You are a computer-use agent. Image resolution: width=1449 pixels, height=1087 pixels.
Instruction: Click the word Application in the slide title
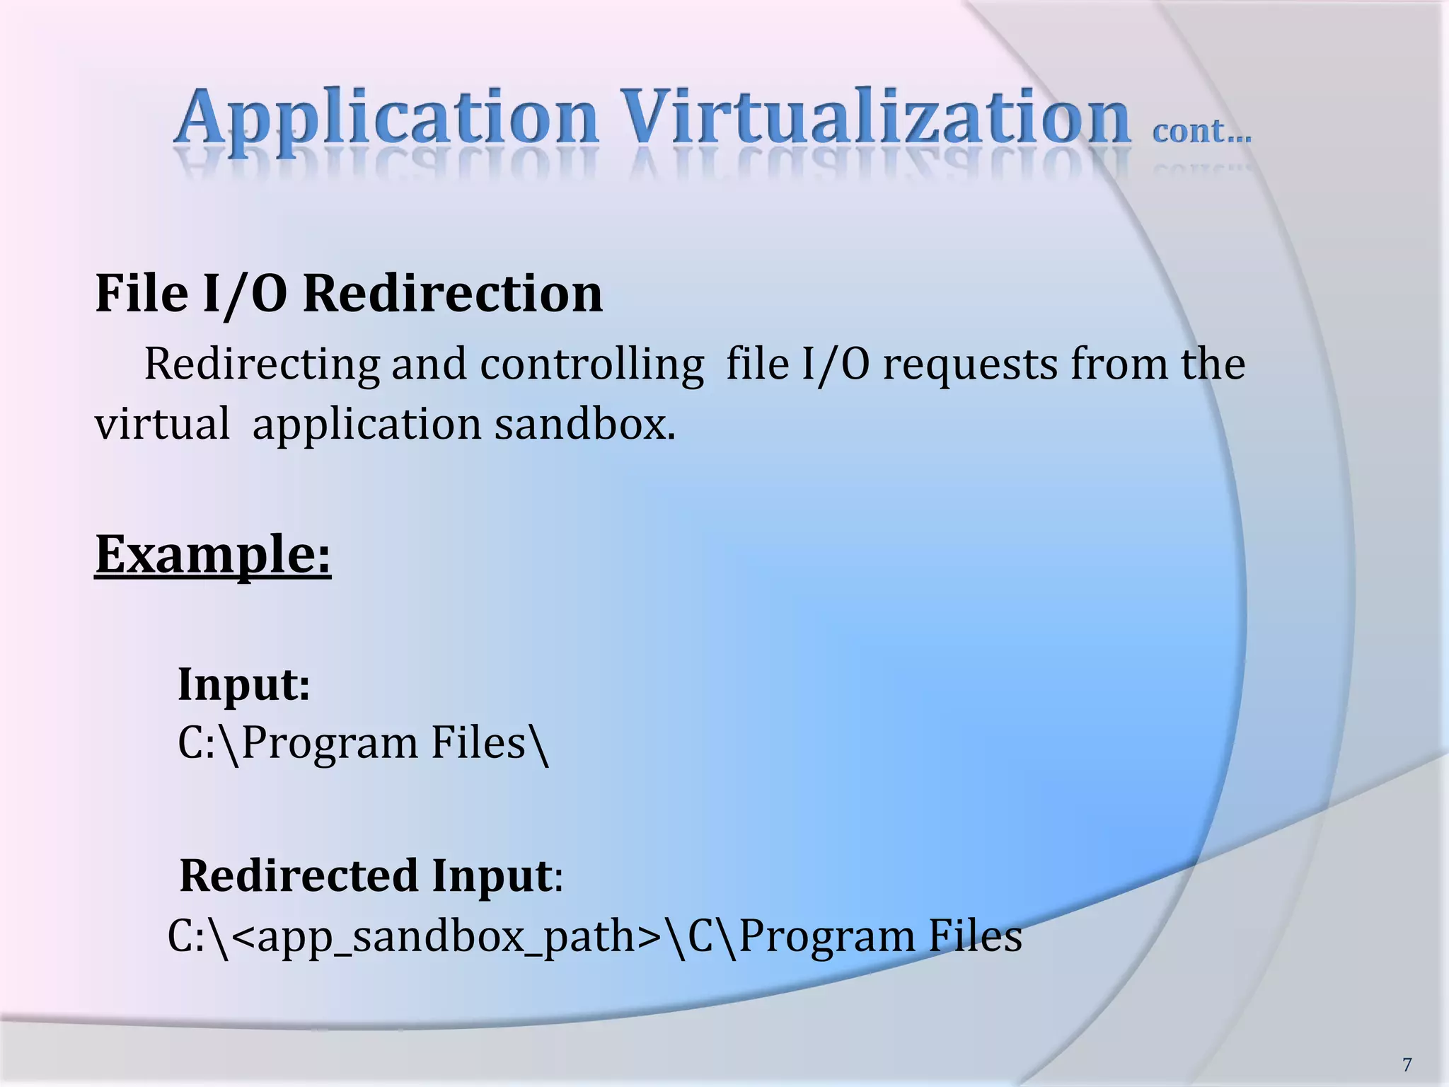pyautogui.click(x=386, y=119)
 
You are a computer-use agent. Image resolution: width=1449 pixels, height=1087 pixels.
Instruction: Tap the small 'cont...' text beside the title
pyautogui.click(x=1201, y=132)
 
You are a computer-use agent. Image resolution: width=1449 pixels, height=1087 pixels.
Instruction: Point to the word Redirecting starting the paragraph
pyautogui.click(x=262, y=365)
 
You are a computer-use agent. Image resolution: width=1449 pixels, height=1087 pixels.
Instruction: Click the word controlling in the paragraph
pyautogui.click(x=591, y=365)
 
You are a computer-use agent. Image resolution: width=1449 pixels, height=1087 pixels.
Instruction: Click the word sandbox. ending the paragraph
pyautogui.click(x=584, y=425)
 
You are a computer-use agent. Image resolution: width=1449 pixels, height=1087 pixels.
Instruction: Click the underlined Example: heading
pyautogui.click(x=213, y=555)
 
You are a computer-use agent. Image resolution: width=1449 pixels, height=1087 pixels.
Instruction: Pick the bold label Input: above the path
pyautogui.click(x=243, y=685)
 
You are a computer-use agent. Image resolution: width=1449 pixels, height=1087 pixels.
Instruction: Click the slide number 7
pyautogui.click(x=1407, y=1064)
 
